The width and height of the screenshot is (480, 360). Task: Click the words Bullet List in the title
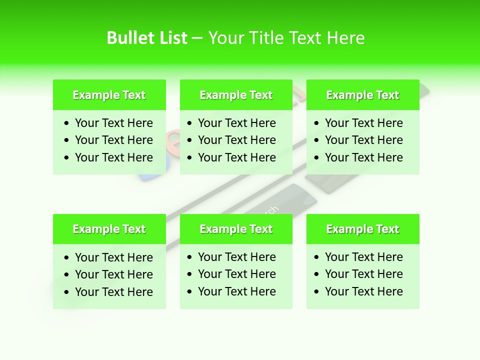click(x=147, y=38)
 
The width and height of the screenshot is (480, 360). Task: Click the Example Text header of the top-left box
click(x=109, y=95)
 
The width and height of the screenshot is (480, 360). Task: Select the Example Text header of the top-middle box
click(x=236, y=95)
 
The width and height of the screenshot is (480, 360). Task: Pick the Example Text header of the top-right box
click(x=362, y=95)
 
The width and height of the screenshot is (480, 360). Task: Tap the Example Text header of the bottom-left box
click(x=109, y=229)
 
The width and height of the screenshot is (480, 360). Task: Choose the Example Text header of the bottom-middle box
click(x=236, y=229)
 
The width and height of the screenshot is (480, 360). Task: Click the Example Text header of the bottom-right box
click(x=362, y=229)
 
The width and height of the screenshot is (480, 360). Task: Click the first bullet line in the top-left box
click(x=113, y=123)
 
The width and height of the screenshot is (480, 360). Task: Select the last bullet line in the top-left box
click(x=113, y=157)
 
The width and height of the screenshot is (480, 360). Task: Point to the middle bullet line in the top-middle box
click(x=236, y=140)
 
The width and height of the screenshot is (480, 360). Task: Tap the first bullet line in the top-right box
click(x=363, y=123)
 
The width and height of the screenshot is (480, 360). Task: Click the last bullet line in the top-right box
click(x=363, y=157)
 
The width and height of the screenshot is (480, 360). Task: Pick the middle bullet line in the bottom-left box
click(x=113, y=274)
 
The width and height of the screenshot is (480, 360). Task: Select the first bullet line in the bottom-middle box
click(x=236, y=257)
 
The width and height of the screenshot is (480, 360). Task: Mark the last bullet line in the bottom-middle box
click(x=236, y=291)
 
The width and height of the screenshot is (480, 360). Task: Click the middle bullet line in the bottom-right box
click(x=363, y=274)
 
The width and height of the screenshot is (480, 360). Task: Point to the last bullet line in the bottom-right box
click(x=363, y=291)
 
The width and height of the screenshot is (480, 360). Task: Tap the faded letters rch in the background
click(x=270, y=210)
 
